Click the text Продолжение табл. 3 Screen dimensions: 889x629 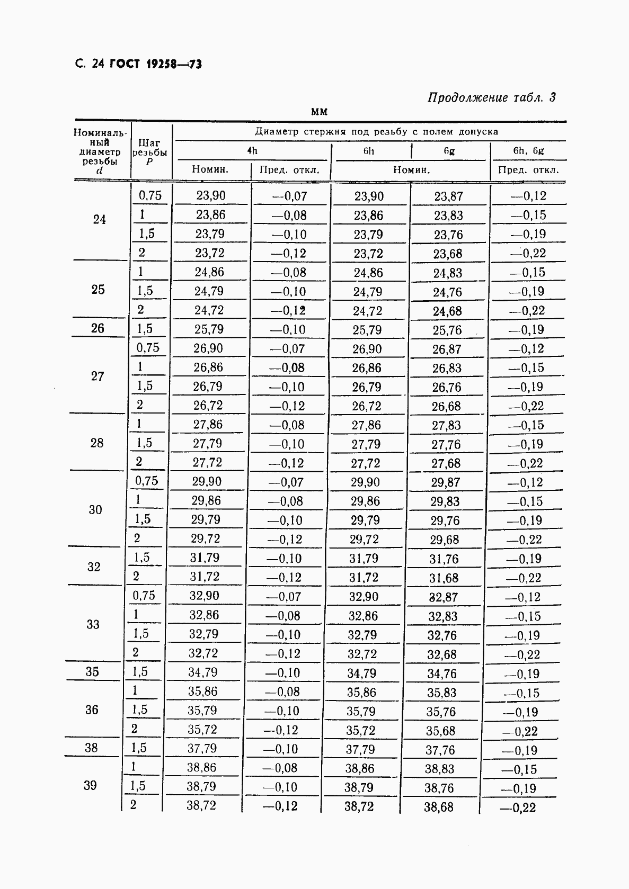pyautogui.click(x=491, y=97)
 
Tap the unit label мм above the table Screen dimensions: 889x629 pyautogui.click(x=320, y=112)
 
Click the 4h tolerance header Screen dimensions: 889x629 pyautogui.click(x=253, y=151)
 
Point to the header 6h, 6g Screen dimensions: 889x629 pyautogui.click(x=528, y=151)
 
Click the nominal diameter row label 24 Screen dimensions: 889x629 pyautogui.click(x=100, y=219)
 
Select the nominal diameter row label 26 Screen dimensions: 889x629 pyautogui.click(x=98, y=328)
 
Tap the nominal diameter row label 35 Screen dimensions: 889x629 pyautogui.click(x=92, y=672)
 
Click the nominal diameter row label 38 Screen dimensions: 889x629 pyautogui.click(x=91, y=748)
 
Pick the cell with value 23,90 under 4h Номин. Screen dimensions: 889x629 pyautogui.click(x=210, y=196)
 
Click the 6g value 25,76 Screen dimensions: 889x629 pyautogui.click(x=447, y=330)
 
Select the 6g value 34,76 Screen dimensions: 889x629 pyautogui.click(x=442, y=674)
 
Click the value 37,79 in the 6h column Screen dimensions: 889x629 pyautogui.click(x=360, y=750)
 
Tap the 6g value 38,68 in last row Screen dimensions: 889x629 pyautogui.click(x=439, y=807)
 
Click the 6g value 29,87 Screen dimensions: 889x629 pyautogui.click(x=445, y=482)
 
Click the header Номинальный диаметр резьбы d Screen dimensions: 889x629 pyautogui.click(x=101, y=151)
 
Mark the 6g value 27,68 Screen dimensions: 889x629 pyautogui.click(x=446, y=463)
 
